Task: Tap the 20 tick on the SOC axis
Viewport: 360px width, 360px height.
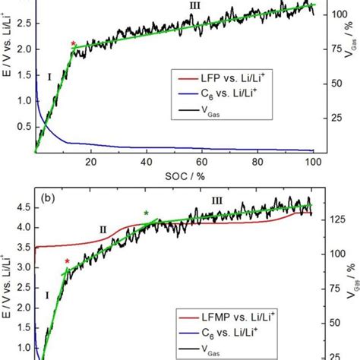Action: click(90, 163)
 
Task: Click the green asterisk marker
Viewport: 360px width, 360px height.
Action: click(146, 213)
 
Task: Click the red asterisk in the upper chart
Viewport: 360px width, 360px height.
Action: click(73, 45)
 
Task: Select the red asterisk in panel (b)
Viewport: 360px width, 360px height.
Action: click(67, 262)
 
